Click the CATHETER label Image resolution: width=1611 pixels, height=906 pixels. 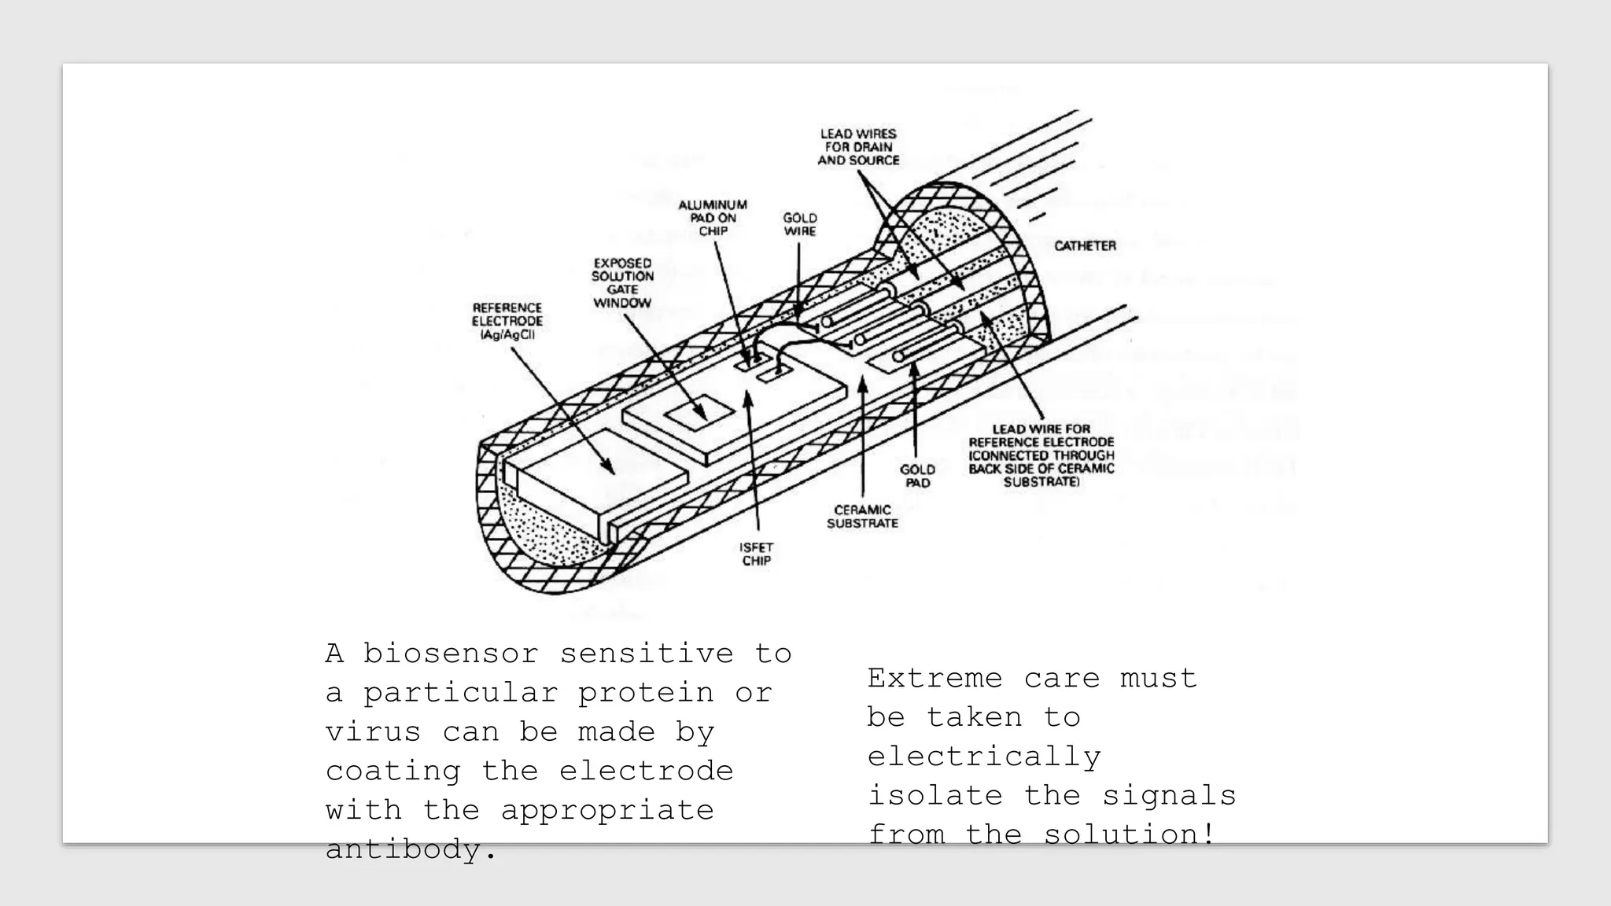coord(1085,246)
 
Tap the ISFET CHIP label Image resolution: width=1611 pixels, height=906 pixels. coord(756,554)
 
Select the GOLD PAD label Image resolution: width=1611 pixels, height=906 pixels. coord(917,476)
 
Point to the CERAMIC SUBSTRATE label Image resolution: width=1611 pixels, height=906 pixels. coord(862,517)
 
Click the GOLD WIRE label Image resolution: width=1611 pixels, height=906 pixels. coord(800,224)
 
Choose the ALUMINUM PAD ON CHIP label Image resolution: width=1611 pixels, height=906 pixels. coord(713,218)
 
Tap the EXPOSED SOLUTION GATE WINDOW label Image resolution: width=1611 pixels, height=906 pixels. coord(622,283)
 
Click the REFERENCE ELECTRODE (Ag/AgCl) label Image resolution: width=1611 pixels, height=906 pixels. coord(507,321)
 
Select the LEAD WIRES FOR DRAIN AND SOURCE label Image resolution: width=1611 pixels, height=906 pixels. coord(858,147)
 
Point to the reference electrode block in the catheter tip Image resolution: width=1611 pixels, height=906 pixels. coord(598,472)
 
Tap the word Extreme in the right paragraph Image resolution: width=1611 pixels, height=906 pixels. coord(935,678)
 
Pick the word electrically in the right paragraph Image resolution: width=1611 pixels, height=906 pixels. coord(984,757)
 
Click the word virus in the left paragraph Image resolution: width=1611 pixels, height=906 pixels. coord(373,732)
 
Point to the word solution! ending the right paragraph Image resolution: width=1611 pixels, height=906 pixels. coord(1130,834)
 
